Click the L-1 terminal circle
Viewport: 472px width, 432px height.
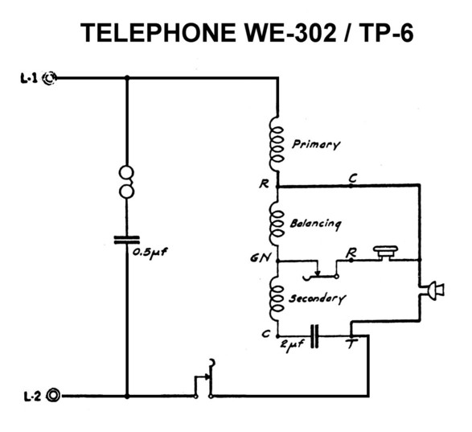49,78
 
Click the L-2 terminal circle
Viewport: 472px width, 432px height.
53,395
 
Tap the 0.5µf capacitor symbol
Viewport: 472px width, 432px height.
127,240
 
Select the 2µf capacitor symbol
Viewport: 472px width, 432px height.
314,336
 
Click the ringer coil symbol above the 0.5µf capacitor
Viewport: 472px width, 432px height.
127,182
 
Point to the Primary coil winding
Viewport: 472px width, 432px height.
277,145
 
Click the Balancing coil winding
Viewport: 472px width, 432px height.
277,223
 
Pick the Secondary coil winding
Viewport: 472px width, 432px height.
277,298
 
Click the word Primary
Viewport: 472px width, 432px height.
316,145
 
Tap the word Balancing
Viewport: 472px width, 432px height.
315,224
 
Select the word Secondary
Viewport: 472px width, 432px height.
317,298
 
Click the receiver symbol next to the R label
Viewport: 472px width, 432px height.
386,253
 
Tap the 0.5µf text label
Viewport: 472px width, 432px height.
150,253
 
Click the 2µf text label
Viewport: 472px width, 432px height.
292,344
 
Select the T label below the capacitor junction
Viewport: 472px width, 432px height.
351,344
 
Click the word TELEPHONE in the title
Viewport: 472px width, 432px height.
158,33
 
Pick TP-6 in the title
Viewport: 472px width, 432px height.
386,33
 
